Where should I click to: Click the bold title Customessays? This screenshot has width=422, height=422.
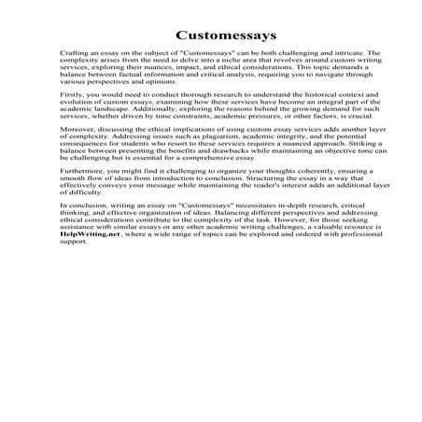[211, 35]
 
